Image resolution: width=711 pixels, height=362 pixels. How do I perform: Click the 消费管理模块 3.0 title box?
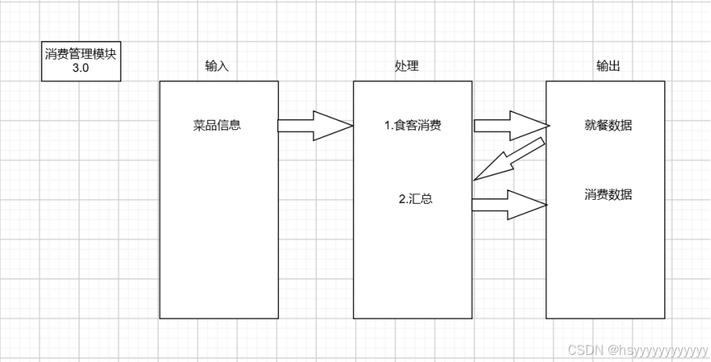coord(81,61)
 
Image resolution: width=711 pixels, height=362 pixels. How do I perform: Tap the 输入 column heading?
coord(217,67)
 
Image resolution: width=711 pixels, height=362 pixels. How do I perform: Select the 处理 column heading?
coord(406,67)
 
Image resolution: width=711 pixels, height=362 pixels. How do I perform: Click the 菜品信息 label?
coord(217,125)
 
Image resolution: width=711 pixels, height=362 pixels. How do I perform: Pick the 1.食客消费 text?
coord(413,125)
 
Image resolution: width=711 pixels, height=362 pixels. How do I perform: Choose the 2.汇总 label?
coord(416,199)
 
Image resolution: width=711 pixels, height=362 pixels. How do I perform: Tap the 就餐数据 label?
coord(608,125)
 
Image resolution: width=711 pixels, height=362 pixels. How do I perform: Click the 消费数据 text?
coord(608,194)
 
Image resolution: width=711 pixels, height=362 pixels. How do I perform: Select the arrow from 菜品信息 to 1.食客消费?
coord(313,125)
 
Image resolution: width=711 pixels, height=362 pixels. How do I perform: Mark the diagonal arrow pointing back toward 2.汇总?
coord(509,161)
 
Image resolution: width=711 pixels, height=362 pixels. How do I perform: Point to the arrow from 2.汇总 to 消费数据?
coord(509,205)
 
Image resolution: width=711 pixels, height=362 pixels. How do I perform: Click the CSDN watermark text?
coord(583,349)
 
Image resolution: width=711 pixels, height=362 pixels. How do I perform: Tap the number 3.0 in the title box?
coord(81,68)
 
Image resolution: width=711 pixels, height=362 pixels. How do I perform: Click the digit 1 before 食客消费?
coord(387,125)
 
